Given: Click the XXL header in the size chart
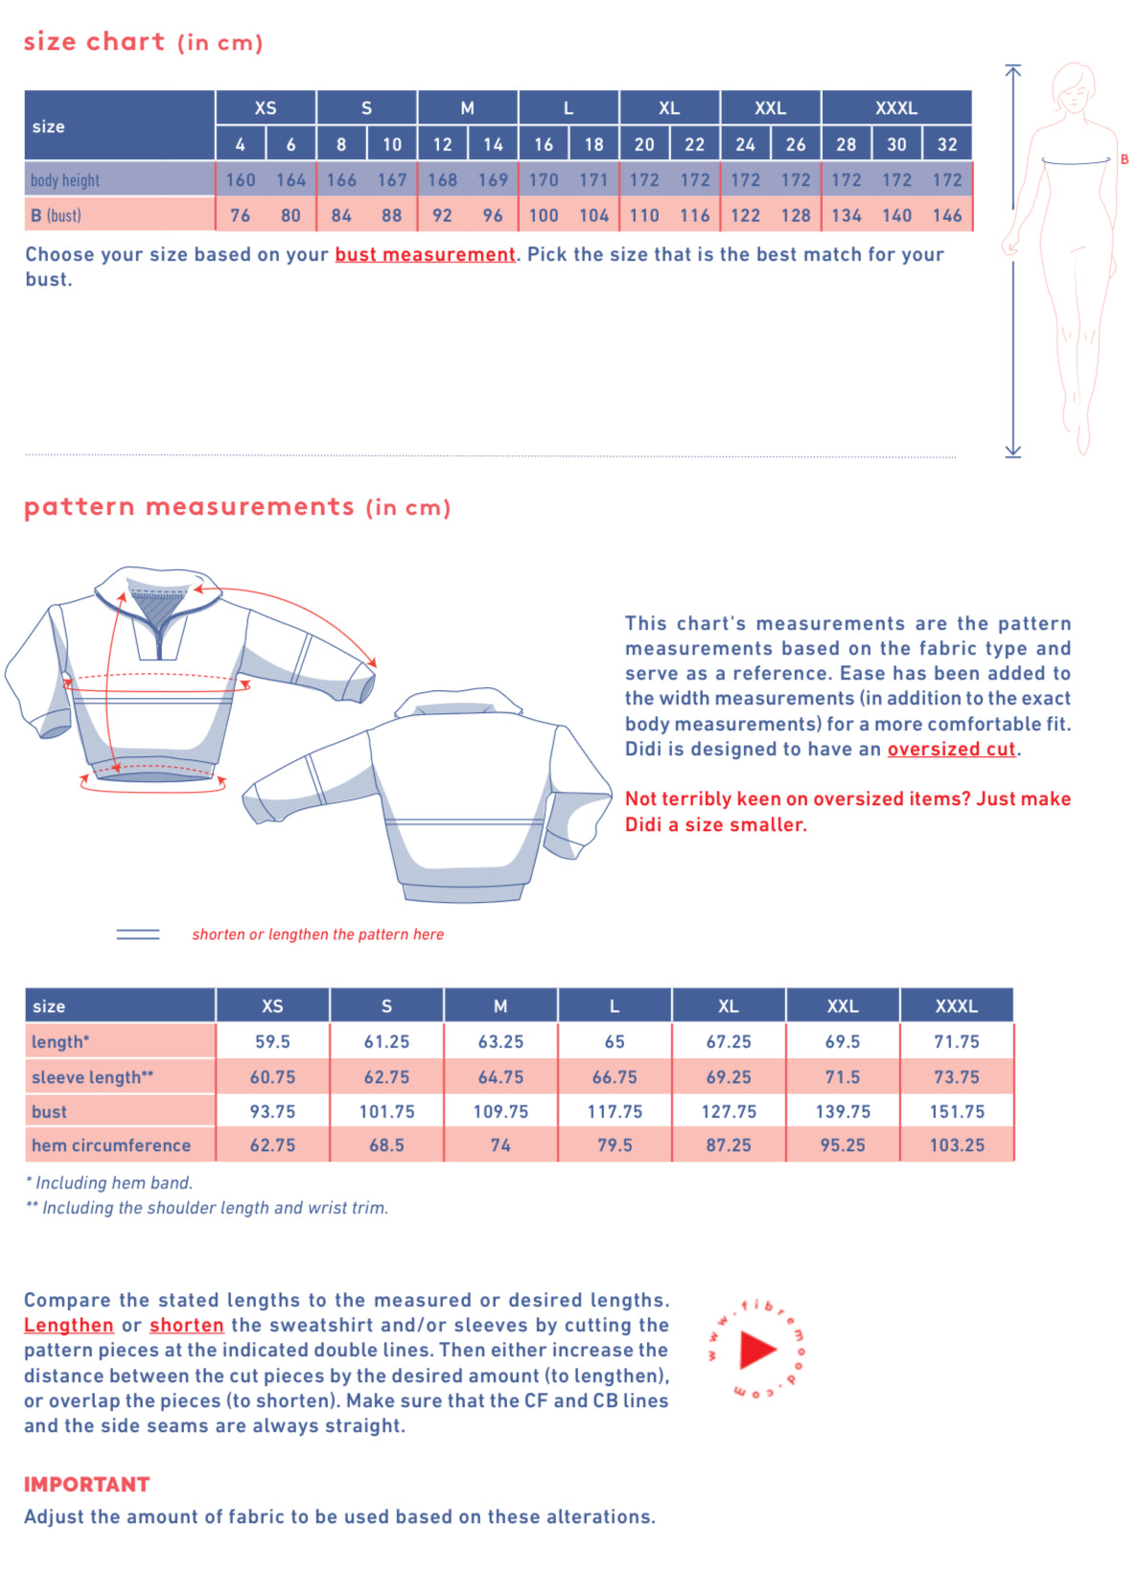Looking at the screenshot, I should (770, 108).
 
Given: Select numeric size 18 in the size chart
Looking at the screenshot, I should (593, 145).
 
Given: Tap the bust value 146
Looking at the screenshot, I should (946, 216).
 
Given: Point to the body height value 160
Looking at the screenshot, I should (241, 180).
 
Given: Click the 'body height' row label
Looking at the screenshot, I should (65, 180).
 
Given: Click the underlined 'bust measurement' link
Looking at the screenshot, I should (425, 255).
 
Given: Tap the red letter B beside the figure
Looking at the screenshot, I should (1124, 159).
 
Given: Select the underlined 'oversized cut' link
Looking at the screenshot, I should (950, 750).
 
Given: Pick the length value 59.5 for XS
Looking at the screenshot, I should (272, 1042).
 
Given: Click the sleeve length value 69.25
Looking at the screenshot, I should (729, 1077).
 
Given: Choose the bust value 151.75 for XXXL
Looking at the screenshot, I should (956, 1112).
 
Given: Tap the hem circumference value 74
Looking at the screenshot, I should (500, 1145).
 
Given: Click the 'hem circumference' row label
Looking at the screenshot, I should (111, 1145).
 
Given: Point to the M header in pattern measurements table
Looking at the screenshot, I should (500, 1006).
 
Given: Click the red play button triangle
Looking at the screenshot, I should (756, 1350).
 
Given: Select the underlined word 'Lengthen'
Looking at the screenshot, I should (69, 1326).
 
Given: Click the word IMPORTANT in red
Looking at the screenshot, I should (87, 1485).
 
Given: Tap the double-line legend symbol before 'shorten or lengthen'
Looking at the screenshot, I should (138, 935).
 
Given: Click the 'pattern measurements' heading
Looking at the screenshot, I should (189, 507).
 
